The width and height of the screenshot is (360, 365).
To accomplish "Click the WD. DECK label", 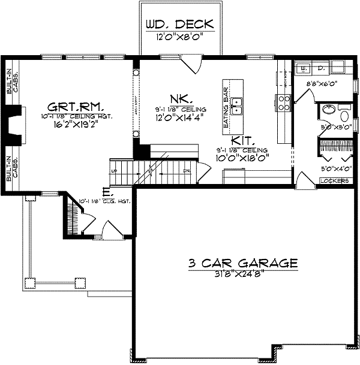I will click(x=179, y=25).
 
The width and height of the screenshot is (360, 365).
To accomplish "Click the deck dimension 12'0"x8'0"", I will click(x=179, y=37).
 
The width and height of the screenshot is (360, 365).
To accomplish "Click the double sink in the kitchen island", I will click(x=238, y=106).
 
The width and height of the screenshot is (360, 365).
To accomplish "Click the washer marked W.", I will click(x=304, y=68).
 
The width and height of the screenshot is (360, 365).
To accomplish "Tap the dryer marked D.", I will click(x=321, y=68).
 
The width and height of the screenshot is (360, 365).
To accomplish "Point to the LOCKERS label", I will click(x=335, y=180).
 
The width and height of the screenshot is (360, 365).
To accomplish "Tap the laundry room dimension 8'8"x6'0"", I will click(x=323, y=84).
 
